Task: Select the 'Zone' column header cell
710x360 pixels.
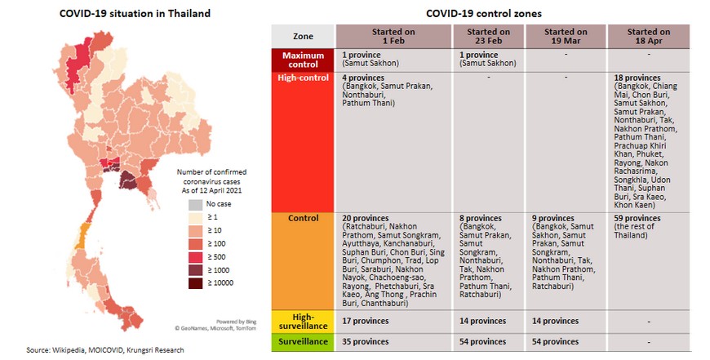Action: pos(302,36)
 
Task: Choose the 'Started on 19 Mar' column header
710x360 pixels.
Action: pos(566,36)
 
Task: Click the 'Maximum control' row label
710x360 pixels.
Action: pos(302,60)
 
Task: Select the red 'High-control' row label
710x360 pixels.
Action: pos(302,78)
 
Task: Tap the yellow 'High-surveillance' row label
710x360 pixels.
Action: pos(302,321)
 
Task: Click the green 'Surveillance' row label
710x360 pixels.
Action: pos(302,341)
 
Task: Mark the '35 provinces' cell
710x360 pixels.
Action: pos(365,341)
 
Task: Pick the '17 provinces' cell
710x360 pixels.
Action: pos(365,321)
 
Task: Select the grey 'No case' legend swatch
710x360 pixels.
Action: pos(194,204)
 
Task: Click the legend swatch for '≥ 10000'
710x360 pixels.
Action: pos(194,284)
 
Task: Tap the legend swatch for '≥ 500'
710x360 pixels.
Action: pos(194,257)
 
